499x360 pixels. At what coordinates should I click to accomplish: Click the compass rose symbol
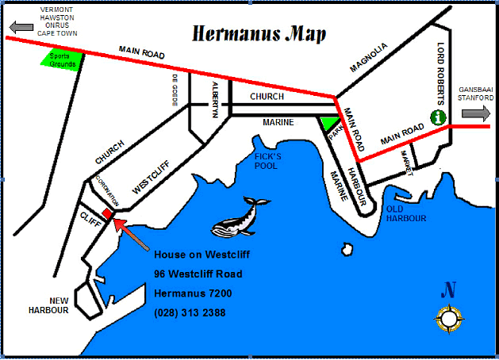pyautogui.click(x=449, y=319)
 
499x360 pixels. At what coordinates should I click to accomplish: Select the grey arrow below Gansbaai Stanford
pyautogui.click(x=476, y=113)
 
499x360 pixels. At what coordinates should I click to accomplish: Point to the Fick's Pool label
pyautogui.click(x=267, y=160)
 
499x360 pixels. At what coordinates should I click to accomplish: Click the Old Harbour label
pyautogui.click(x=406, y=213)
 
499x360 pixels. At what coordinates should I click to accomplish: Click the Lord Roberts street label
pyautogui.click(x=441, y=69)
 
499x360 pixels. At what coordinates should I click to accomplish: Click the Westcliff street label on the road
pyautogui.click(x=152, y=174)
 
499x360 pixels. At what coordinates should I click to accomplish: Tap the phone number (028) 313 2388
pyautogui.click(x=190, y=312)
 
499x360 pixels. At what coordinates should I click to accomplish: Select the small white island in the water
pyautogui.click(x=346, y=250)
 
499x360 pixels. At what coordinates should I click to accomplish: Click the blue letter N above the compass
pyautogui.click(x=449, y=291)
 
